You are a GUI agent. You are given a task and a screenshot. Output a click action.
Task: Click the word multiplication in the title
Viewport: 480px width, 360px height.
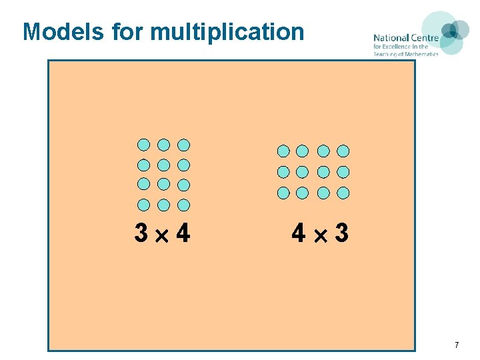point(227,32)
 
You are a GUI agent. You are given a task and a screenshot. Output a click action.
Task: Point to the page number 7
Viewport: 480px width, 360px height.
point(457,345)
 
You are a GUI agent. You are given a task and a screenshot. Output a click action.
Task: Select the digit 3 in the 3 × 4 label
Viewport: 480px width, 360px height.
point(141,233)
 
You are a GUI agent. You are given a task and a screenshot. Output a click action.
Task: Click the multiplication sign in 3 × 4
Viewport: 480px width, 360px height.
point(162,235)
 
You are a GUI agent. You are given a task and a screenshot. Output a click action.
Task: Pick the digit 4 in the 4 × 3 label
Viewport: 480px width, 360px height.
point(299,233)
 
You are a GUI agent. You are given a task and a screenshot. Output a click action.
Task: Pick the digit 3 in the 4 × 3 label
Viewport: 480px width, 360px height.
point(341,233)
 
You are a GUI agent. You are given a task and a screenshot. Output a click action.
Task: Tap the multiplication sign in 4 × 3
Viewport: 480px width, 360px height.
point(320,235)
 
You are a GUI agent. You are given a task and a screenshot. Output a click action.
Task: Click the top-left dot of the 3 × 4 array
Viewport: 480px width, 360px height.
point(143,145)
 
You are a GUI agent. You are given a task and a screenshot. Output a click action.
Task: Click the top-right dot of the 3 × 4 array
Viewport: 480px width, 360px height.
point(184,145)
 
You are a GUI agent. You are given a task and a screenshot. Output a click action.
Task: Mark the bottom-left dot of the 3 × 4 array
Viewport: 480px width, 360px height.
point(143,205)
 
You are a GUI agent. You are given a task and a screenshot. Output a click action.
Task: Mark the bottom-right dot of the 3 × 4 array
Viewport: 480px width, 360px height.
point(184,205)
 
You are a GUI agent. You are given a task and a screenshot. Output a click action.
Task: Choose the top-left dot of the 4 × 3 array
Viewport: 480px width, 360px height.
point(283,151)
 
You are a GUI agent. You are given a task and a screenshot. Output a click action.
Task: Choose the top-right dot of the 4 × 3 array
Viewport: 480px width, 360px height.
point(343,151)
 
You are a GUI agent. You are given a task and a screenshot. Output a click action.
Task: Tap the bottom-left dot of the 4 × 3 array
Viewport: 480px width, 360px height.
point(283,193)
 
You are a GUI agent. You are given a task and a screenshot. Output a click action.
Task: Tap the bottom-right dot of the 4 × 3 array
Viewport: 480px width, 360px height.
point(343,193)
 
